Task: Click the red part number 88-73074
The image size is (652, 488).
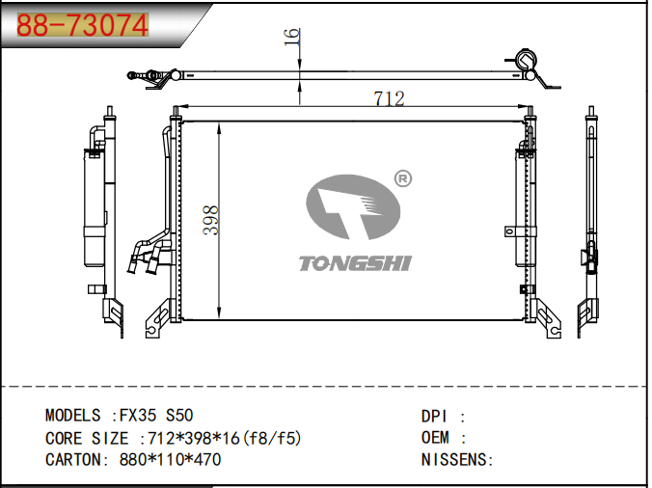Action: click(x=82, y=25)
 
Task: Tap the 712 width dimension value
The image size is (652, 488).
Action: click(x=389, y=98)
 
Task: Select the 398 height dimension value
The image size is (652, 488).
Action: click(x=211, y=220)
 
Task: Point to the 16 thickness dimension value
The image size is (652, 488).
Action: click(x=292, y=37)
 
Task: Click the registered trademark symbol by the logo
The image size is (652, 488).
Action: click(x=402, y=178)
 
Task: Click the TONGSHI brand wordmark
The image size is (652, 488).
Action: click(x=355, y=263)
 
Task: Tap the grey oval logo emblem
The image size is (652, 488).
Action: click(x=353, y=207)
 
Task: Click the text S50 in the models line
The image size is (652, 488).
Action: click(x=179, y=416)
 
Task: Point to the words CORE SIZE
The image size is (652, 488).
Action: click(x=87, y=438)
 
